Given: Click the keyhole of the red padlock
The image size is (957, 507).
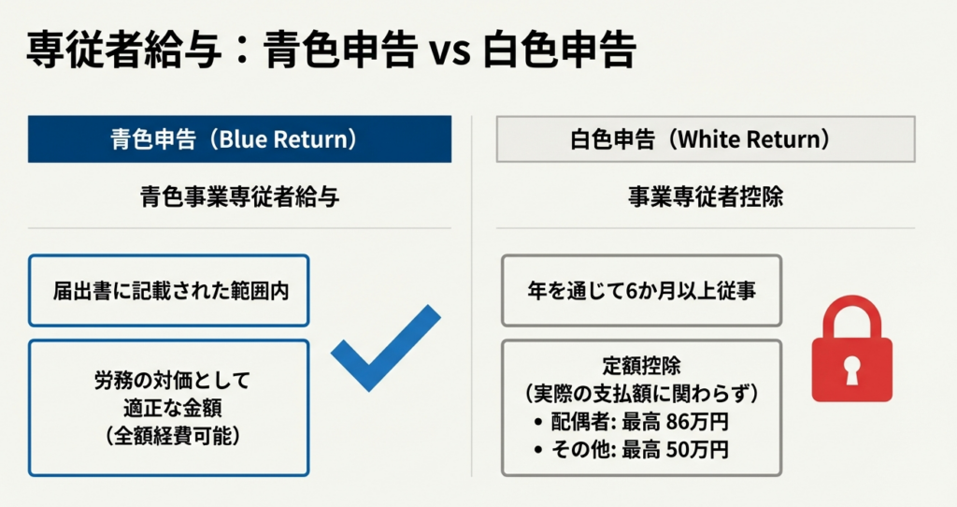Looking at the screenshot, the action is click(852, 370).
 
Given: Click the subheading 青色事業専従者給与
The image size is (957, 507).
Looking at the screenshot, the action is click(240, 196).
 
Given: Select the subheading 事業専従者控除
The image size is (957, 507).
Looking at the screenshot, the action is click(706, 196).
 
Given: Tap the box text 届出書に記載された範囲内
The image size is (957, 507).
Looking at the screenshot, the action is click(171, 291).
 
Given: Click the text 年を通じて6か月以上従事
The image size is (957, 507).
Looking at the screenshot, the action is click(641, 290).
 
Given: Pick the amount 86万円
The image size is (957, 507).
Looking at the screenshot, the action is click(697, 422).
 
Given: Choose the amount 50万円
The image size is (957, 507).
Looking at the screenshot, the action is click(697, 450).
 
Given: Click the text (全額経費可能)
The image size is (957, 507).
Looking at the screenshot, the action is click(172, 436).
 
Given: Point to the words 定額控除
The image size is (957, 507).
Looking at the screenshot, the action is click(641, 366).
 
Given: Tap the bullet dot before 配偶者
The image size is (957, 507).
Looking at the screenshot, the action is click(537, 422).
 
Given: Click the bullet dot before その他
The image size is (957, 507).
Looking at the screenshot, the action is click(537, 450).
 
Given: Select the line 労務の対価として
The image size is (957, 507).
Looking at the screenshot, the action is click(172, 381).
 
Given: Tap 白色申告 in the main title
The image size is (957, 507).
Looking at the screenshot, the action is click(560, 51).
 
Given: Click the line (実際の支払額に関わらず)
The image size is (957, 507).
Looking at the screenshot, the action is click(641, 394).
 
